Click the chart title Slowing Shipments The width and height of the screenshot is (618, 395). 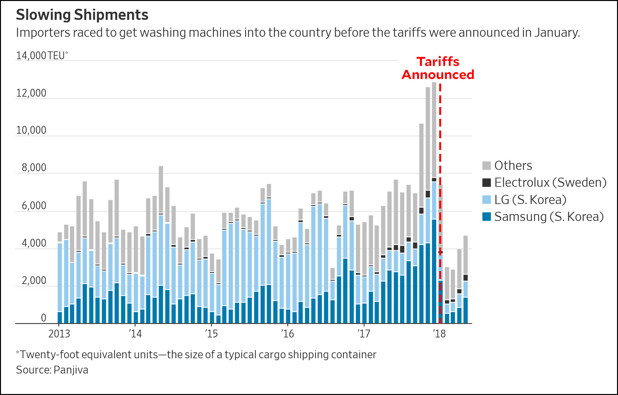click(82, 15)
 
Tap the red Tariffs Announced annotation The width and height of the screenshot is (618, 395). click(438, 68)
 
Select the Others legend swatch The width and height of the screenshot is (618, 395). click(486, 166)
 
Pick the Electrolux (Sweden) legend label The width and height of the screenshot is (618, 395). click(550, 183)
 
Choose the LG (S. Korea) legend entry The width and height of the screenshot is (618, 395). click(530, 200)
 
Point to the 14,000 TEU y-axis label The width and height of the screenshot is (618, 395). click(42, 56)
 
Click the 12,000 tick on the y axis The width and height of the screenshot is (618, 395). click(31, 93)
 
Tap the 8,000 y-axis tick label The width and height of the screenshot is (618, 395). click(34, 168)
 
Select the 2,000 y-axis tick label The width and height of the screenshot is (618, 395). click(34, 280)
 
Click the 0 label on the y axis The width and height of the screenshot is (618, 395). click(44, 318)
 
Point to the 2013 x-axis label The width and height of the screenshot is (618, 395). click(59, 334)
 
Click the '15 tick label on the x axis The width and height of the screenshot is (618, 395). click(211, 334)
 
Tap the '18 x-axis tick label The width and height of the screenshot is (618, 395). click(440, 334)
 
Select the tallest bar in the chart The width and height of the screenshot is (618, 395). click(434, 202)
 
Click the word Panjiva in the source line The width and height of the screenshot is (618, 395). click(71, 370)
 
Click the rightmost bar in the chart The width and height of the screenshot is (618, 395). click(466, 280)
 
